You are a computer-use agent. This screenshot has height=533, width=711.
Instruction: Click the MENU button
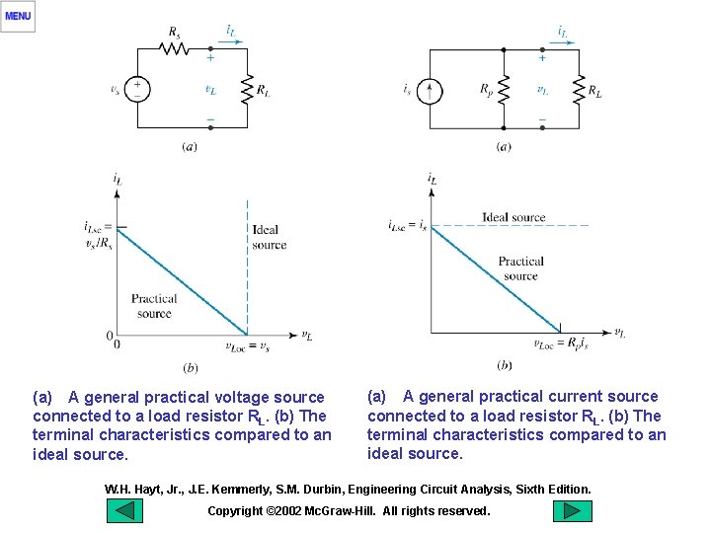coord(18,16)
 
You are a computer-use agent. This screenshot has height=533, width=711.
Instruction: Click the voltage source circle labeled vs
coord(137,89)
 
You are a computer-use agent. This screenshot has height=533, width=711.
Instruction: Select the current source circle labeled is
coord(430,91)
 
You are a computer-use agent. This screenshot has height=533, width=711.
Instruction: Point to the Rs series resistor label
coord(174,32)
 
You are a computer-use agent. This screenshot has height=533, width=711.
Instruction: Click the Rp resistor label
coord(486,90)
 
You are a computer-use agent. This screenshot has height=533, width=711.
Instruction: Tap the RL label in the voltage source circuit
coord(264,90)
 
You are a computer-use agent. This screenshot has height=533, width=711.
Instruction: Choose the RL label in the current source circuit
coord(594,91)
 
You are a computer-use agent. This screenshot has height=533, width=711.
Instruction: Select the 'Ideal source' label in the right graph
coord(513,217)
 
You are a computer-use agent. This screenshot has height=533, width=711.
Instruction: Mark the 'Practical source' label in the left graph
coord(154,306)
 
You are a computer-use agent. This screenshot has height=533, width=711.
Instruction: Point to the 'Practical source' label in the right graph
coord(520,268)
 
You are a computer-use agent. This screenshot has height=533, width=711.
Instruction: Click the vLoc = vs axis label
coord(247,346)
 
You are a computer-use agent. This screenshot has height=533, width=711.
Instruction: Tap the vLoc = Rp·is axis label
coord(559,344)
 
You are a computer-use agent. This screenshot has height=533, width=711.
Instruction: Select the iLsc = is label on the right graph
coord(407,225)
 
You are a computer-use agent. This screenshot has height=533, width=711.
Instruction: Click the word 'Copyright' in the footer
coord(235,510)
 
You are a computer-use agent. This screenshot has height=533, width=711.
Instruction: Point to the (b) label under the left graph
coord(190,367)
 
